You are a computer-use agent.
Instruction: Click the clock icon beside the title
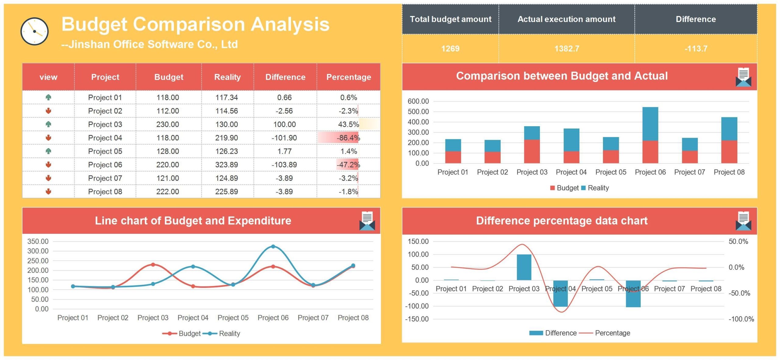point(34,31)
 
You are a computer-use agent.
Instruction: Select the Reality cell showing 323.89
point(226,165)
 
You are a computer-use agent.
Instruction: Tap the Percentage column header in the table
point(349,77)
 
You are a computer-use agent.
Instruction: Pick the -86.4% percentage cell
point(348,138)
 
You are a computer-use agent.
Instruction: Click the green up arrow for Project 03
point(48,124)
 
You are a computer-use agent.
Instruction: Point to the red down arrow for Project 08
point(48,191)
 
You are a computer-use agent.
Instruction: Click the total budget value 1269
point(450,48)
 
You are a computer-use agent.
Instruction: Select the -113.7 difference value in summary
point(696,48)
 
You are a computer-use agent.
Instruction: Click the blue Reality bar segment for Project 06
point(650,123)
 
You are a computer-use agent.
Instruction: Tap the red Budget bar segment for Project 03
point(532,151)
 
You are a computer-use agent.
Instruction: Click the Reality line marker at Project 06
point(273,247)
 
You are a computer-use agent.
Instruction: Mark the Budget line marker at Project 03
point(153,265)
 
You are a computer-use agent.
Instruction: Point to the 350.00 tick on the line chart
point(38,241)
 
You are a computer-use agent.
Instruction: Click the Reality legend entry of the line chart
point(229,333)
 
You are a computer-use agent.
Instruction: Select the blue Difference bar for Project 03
point(524,267)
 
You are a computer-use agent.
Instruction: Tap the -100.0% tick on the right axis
point(741,319)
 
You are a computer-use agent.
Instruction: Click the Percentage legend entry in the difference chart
point(612,333)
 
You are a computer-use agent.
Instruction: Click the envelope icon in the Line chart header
point(367,221)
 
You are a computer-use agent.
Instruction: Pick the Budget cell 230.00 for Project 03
point(168,124)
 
